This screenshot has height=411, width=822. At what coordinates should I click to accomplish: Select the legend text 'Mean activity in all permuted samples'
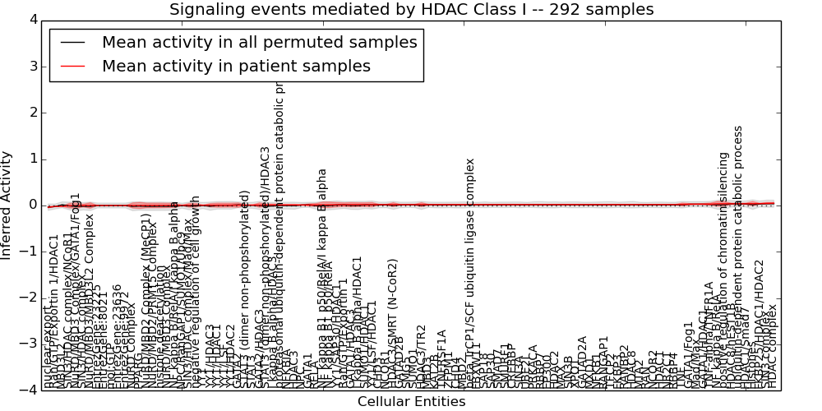[259, 43]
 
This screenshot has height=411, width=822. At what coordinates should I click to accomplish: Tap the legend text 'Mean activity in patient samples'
[236, 66]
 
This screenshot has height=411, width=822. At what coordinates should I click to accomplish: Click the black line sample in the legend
[72, 43]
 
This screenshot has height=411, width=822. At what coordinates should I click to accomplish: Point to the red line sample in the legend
[72, 66]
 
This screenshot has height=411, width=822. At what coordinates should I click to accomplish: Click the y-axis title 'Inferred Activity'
[7, 205]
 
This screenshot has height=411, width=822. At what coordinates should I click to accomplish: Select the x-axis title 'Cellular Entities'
[411, 401]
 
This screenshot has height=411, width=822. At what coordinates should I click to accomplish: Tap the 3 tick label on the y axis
[32, 66]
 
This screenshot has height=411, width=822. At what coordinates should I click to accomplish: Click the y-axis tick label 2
[32, 112]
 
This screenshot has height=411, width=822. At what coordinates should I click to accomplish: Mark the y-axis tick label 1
[32, 159]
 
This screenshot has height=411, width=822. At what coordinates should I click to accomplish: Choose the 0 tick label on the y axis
[32, 205]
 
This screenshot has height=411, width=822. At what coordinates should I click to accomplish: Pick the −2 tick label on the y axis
[28, 298]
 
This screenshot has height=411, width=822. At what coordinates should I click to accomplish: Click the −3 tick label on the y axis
[28, 344]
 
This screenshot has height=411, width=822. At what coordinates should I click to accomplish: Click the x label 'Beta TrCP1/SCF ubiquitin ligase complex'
[472, 288]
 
